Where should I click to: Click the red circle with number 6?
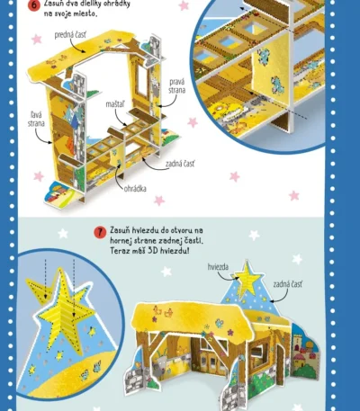tap(34, 5)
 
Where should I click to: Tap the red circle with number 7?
tap(100, 232)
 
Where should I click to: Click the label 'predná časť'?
tap(70, 35)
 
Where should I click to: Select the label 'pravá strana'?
tap(176, 86)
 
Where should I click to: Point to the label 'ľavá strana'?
tap(36, 119)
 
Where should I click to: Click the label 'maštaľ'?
tap(115, 104)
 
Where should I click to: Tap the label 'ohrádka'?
tap(135, 189)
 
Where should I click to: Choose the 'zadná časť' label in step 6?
tap(180, 164)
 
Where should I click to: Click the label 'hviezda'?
tap(218, 267)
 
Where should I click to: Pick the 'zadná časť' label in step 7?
tap(288, 284)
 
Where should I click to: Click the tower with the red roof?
tap(300, 351)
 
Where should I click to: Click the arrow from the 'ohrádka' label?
tap(119, 175)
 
